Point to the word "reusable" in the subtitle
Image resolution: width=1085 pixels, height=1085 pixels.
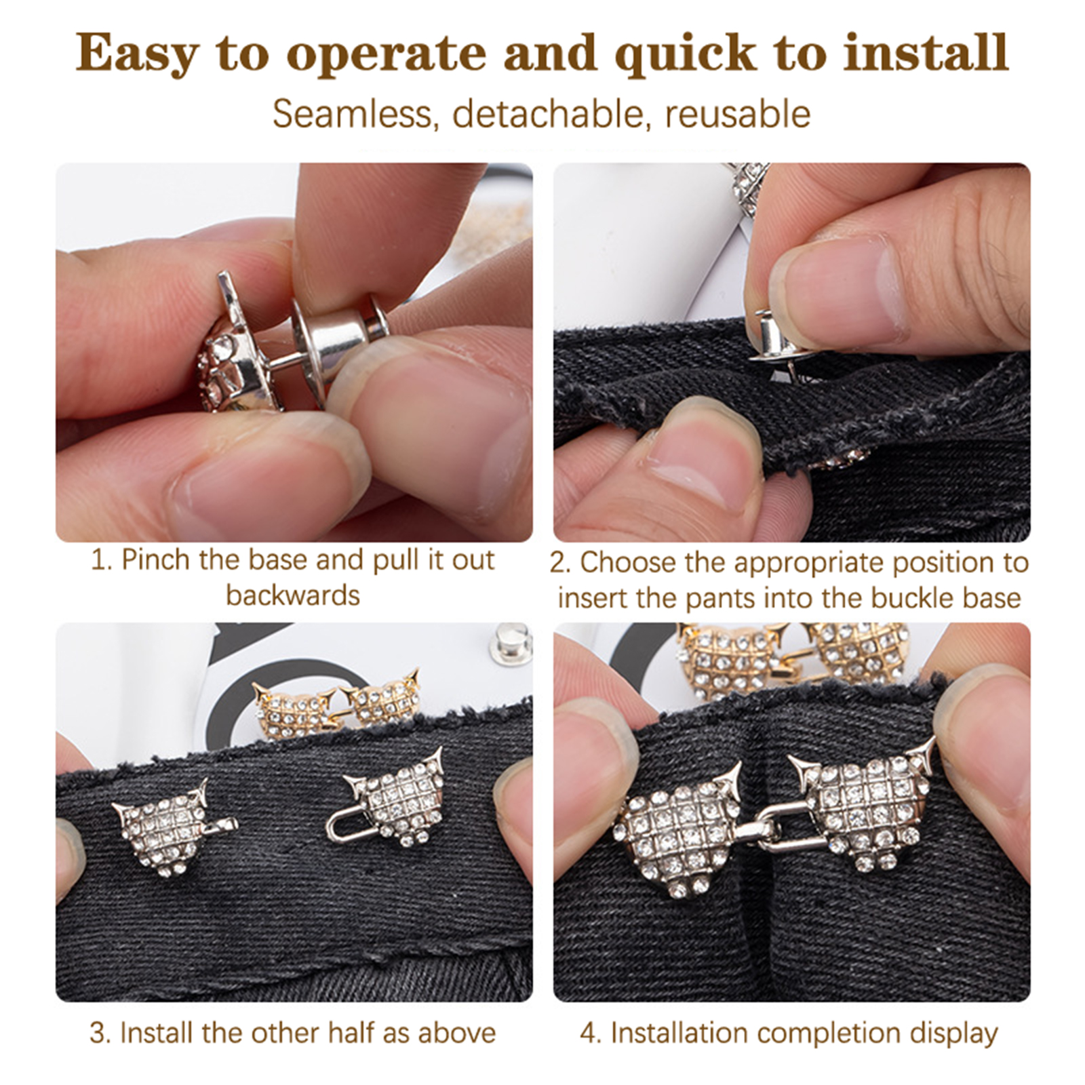point(738,114)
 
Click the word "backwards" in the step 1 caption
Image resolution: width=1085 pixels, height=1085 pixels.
point(293,595)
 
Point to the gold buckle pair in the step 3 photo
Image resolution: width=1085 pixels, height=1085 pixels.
point(336,701)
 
